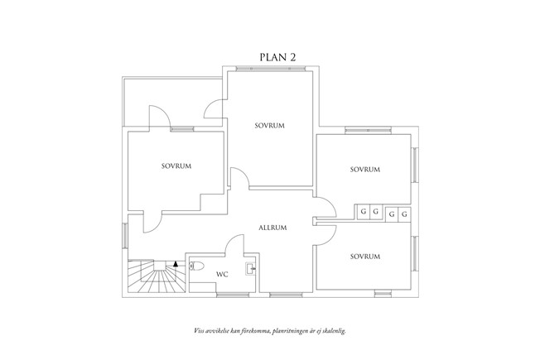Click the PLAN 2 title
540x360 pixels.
(x=277, y=57)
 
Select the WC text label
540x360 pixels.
(x=222, y=274)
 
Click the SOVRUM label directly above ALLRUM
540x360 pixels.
(x=269, y=126)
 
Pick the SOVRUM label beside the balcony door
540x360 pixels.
(x=176, y=166)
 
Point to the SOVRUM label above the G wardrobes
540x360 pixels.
(x=364, y=169)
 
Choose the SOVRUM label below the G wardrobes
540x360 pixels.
(x=364, y=257)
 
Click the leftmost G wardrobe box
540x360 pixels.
(x=362, y=213)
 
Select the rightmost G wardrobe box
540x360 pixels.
(x=404, y=214)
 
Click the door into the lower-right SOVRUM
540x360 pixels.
(x=325, y=235)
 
